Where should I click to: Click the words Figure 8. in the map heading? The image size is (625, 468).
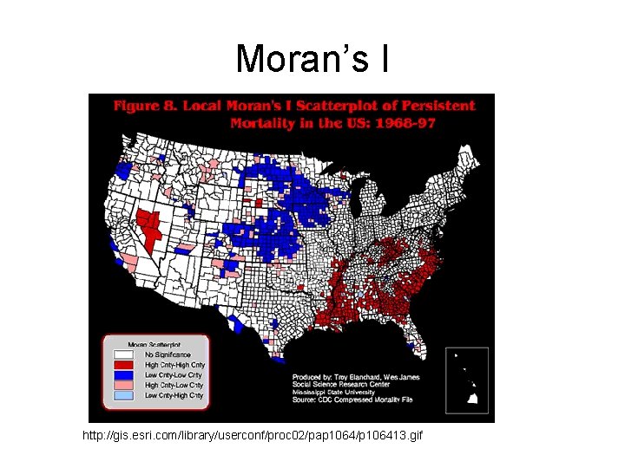137,106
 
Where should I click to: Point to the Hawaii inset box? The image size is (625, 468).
467,379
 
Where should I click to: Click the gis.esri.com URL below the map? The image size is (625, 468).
253,433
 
